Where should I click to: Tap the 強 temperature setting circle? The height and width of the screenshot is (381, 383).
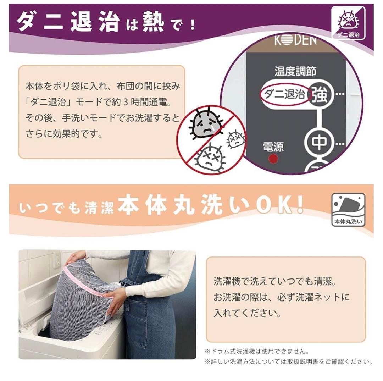point(320,95)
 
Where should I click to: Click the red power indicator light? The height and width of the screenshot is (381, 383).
point(273,159)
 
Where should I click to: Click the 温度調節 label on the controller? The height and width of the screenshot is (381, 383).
point(295,71)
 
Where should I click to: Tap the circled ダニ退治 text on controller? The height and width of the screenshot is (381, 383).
point(285,95)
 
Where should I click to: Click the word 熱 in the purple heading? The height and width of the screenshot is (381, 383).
point(153,22)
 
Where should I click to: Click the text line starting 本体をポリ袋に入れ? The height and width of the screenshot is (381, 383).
point(103,86)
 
